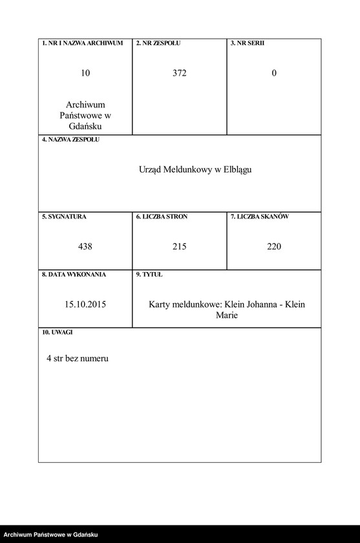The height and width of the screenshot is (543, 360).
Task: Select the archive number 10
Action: click(x=85, y=74)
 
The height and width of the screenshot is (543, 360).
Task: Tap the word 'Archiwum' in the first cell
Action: click(x=85, y=105)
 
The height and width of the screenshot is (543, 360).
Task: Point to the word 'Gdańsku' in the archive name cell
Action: click(x=85, y=126)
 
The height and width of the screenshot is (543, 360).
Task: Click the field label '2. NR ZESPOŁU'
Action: click(x=158, y=43)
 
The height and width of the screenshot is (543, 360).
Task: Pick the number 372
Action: click(x=180, y=74)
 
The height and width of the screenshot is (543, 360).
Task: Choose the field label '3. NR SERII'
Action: click(x=248, y=43)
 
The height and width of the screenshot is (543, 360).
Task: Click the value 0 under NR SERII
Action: click(x=274, y=74)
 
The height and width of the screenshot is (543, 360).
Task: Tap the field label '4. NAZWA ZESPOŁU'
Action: click(x=71, y=140)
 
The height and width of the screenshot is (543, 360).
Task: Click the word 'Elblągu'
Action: click(x=237, y=170)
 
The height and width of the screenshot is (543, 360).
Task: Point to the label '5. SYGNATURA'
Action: click(x=65, y=217)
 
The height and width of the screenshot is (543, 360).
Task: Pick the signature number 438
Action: click(x=85, y=246)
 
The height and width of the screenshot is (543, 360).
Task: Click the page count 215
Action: click(x=180, y=246)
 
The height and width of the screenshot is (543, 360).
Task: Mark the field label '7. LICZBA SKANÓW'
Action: click(x=260, y=217)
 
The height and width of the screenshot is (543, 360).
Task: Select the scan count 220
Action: click(x=274, y=246)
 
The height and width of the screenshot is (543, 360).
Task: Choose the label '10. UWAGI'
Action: click(x=58, y=332)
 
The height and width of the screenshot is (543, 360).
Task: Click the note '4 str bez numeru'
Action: click(x=78, y=358)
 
